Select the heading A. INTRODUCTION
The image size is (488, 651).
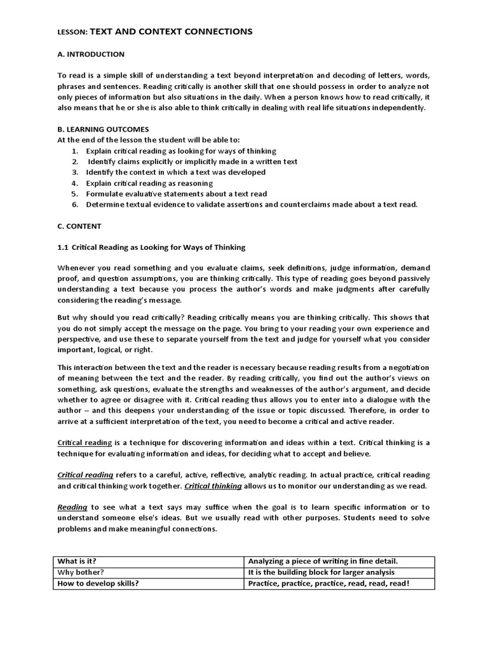(91, 55)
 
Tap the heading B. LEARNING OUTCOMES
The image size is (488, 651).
(103, 129)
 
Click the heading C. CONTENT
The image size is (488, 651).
(79, 226)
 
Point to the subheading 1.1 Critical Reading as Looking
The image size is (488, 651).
(151, 247)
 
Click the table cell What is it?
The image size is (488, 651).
(79, 561)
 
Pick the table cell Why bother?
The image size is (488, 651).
(80, 572)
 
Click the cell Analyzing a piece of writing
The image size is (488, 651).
(323, 561)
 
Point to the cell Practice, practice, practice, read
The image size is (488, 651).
(329, 583)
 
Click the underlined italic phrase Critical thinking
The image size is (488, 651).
(213, 486)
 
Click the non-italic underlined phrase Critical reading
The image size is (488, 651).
(85, 442)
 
